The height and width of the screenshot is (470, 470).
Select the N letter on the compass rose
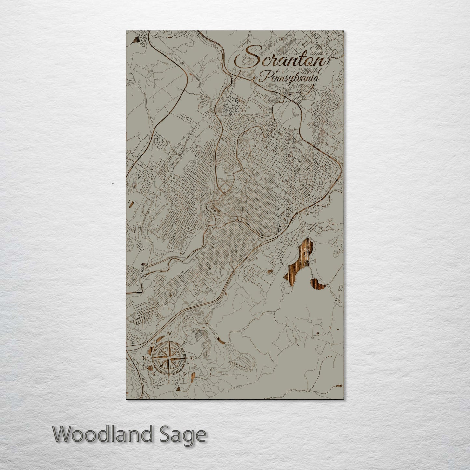pos(169,334)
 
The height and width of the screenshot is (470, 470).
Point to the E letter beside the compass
pos(192,358)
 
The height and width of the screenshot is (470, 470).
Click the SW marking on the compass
pos(153,374)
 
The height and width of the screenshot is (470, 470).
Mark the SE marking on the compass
pos(185,374)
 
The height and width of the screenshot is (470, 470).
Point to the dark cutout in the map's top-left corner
pos(135,41)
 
